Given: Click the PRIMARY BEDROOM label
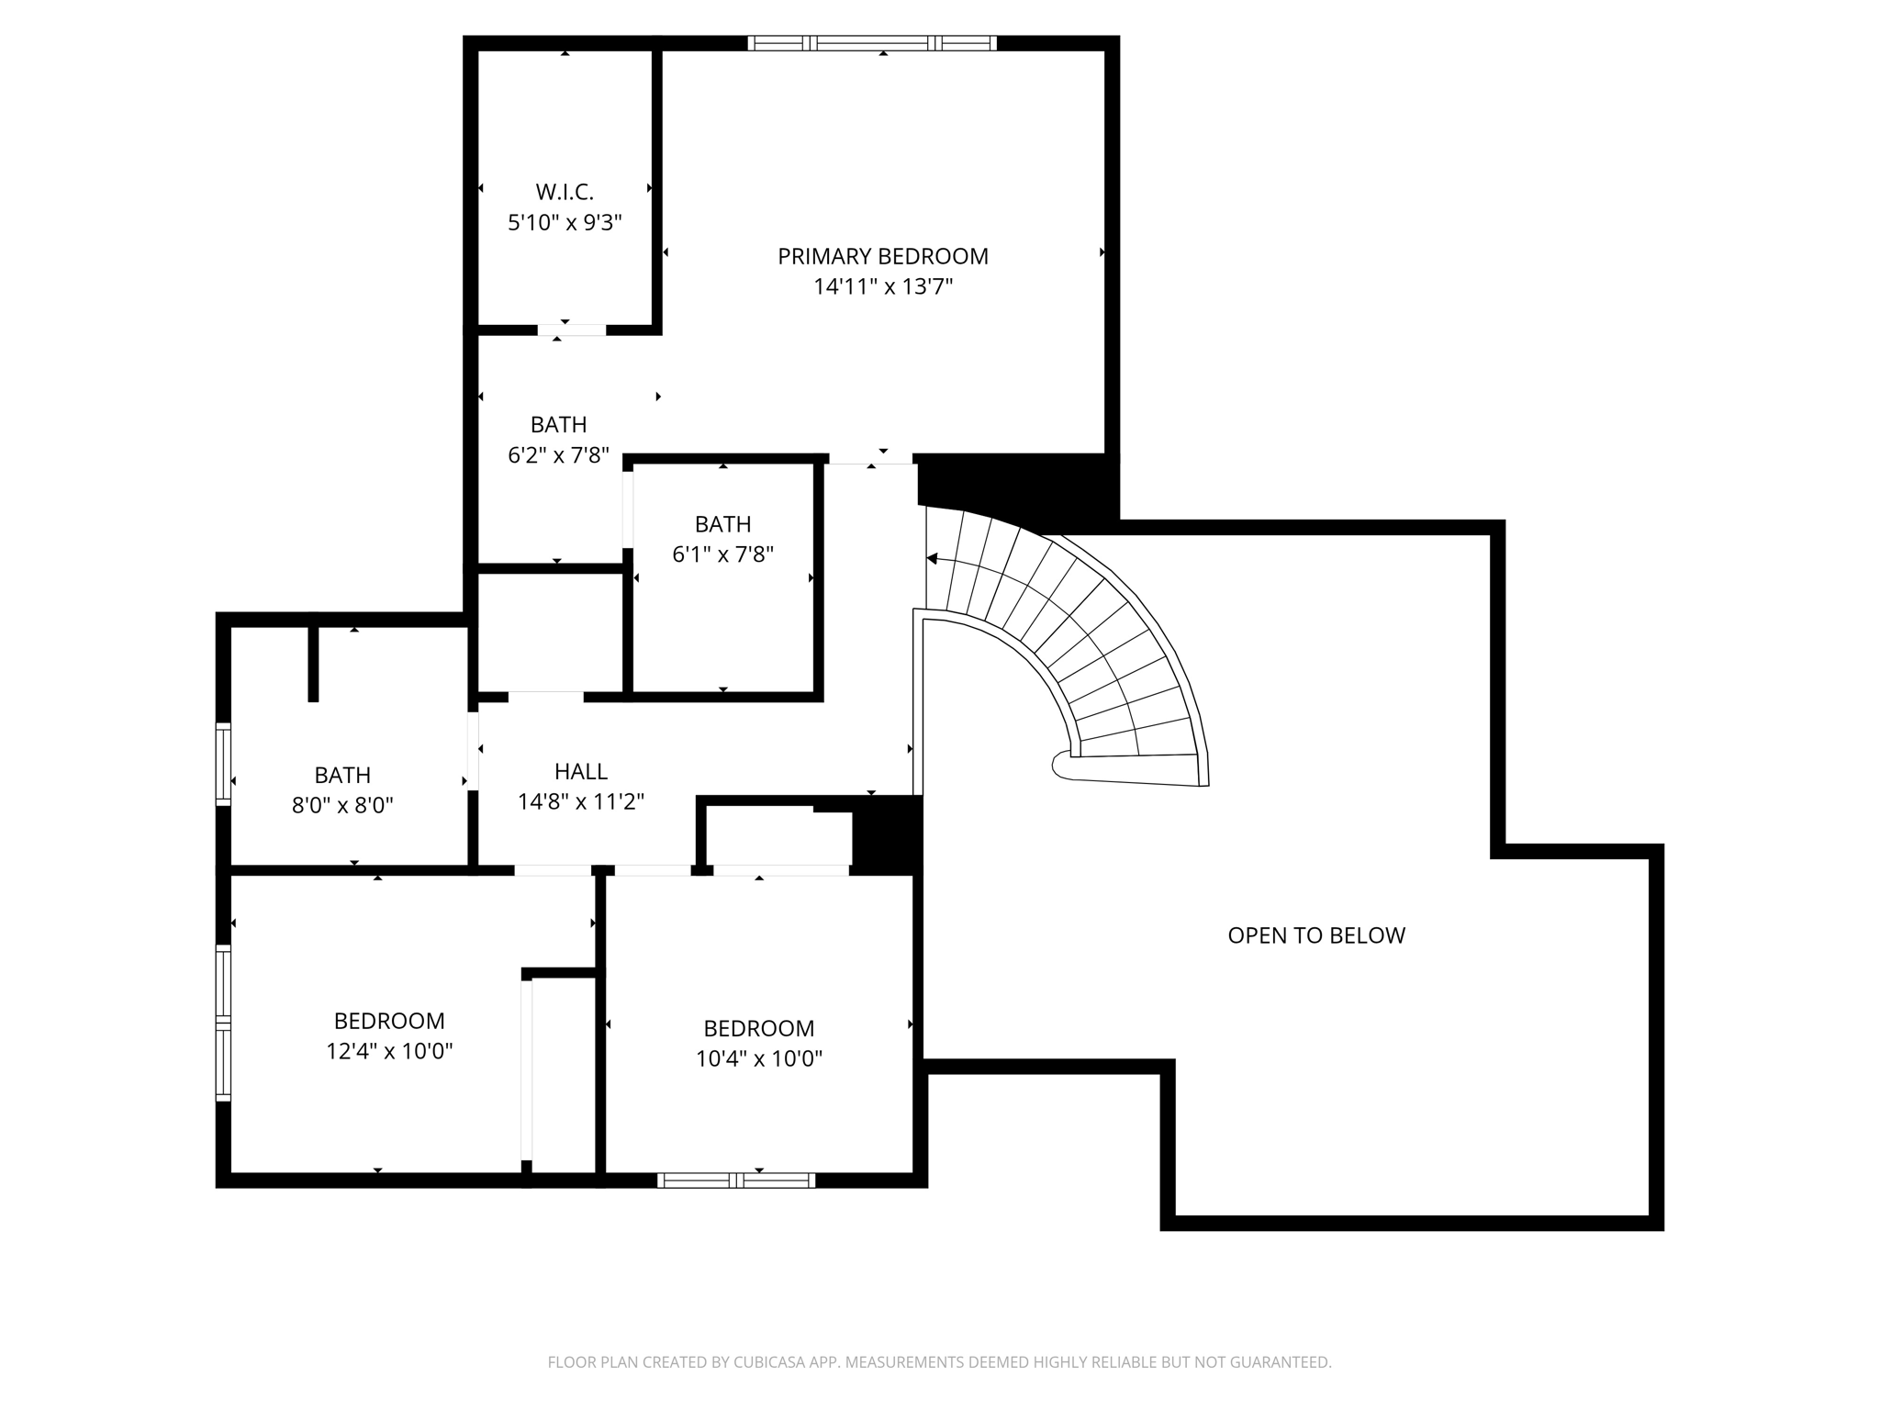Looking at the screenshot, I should (x=882, y=256).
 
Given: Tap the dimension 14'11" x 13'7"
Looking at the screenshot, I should (x=882, y=287).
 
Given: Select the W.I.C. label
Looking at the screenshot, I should (x=565, y=192).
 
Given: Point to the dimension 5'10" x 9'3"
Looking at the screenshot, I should (x=565, y=222).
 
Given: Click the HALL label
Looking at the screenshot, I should (x=580, y=771).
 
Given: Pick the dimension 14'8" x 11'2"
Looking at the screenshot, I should (x=580, y=802).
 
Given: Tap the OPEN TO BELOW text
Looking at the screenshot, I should (x=1315, y=935).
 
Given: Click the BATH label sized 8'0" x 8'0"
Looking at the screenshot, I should (x=342, y=775).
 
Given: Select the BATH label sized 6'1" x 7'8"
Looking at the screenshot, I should (x=722, y=524).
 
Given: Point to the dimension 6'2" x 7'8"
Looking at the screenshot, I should (x=558, y=455).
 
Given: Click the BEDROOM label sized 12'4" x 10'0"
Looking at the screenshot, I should (x=389, y=1021).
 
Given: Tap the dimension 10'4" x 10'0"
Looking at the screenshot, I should (x=758, y=1059).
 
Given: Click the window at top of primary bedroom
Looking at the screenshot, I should (x=871, y=42).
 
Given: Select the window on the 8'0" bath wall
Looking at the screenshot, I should (x=223, y=764).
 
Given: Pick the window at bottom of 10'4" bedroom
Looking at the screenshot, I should (x=736, y=1181).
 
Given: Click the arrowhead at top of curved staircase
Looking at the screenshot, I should (x=932, y=558).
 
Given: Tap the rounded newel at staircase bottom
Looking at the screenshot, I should (x=1062, y=765).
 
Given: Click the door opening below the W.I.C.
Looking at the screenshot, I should (x=571, y=330).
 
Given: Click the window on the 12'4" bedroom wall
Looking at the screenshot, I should (x=223, y=1022).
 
